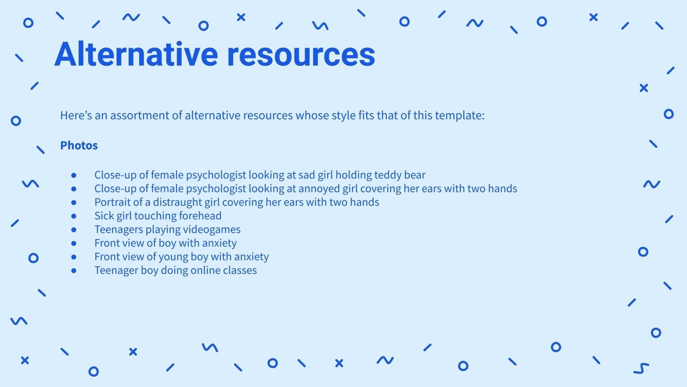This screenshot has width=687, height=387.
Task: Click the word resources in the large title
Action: point(301,55)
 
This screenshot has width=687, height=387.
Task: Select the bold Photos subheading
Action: point(79,145)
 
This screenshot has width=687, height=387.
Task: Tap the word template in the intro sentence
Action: point(459,116)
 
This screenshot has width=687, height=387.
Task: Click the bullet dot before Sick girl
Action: point(74,216)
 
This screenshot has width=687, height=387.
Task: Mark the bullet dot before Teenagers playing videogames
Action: point(74,230)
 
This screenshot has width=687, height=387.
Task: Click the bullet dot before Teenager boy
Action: point(74,270)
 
